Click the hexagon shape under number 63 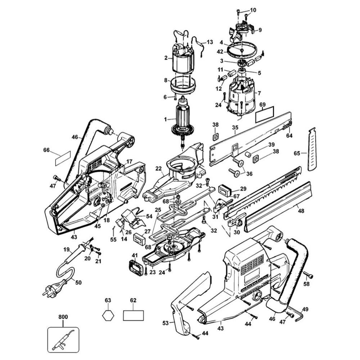pyautogui.click(x=108, y=315)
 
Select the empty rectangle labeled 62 pyautogui.click(x=134, y=315)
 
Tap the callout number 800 pyautogui.click(x=63, y=317)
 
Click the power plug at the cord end pyautogui.click(x=52, y=290)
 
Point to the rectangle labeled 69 pyautogui.click(x=265, y=114)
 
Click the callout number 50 pyautogui.click(x=78, y=282)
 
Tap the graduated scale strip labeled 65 pyautogui.click(x=312, y=149)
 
